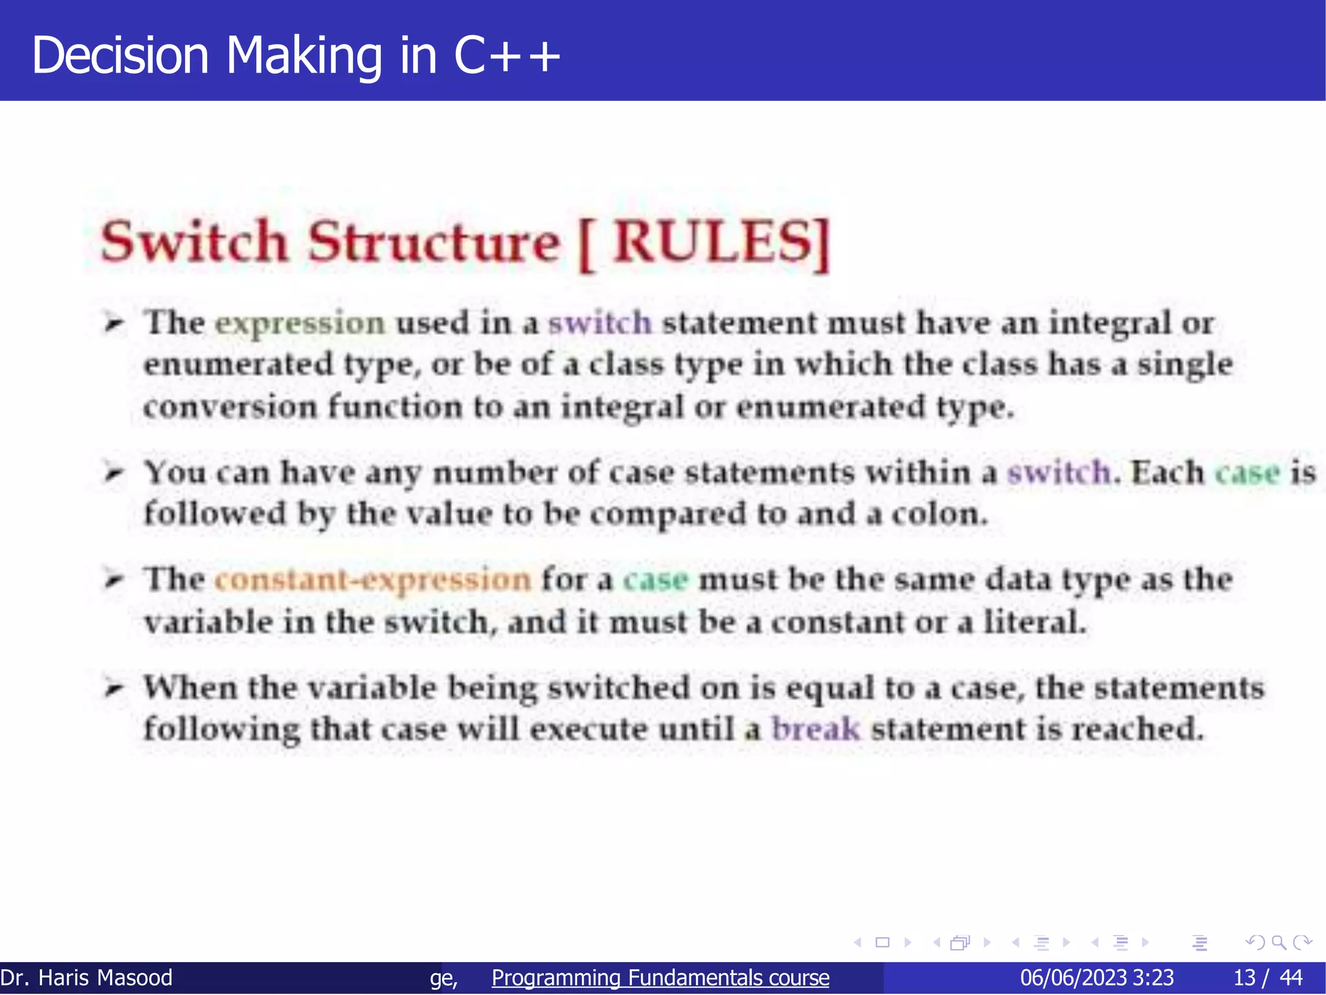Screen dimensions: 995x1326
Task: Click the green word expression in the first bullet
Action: [x=300, y=323]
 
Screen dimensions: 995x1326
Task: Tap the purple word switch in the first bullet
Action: [x=600, y=323]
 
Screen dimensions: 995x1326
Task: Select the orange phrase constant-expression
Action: [x=372, y=579]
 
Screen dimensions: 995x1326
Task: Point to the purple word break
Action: [x=816, y=730]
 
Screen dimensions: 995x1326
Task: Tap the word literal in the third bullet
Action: [x=1034, y=622]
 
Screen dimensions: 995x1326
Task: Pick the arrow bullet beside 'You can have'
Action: [x=114, y=473]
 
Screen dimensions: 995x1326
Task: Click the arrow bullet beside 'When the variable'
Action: [x=114, y=688]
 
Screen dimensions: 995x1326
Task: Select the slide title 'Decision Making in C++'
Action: [x=296, y=55]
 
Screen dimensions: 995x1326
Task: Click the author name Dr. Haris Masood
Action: [x=87, y=978]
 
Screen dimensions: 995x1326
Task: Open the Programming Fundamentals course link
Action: [x=660, y=978]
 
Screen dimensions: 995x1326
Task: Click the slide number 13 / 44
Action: [x=1268, y=978]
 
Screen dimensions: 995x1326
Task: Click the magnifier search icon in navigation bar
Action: [x=1279, y=943]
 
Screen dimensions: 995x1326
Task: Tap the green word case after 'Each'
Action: [x=1247, y=473]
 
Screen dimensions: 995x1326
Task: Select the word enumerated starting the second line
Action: [x=238, y=364]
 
